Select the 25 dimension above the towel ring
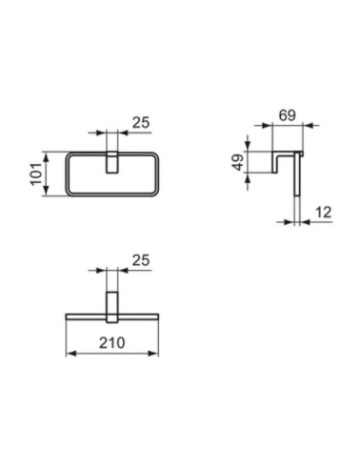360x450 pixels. (x=140, y=122)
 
